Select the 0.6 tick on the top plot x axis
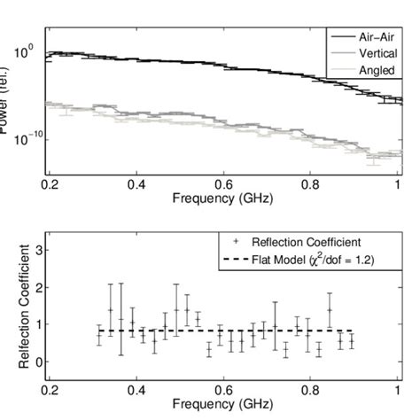[223, 183]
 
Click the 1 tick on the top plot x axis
[399, 183]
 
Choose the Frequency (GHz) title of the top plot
[223, 198]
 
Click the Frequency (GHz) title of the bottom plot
[223, 404]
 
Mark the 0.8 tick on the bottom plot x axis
[311, 389]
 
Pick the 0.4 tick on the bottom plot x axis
[136, 389]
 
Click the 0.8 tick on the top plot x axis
[311, 183]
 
